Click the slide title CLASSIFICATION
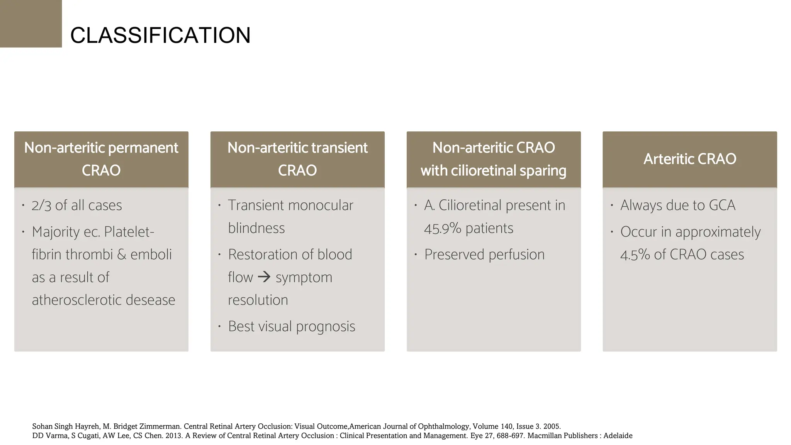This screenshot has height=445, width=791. point(160,35)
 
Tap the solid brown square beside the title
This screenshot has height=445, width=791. point(31,24)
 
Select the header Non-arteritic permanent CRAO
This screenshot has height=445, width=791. point(101,159)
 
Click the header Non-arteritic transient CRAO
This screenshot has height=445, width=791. point(297,159)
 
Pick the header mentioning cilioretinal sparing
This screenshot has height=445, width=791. point(493,159)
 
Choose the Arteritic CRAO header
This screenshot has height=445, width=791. point(689,159)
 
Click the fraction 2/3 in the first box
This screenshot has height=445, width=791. point(41,206)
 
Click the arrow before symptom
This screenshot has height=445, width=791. point(264,277)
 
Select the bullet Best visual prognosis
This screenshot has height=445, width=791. point(291,326)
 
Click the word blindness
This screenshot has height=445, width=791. point(256,228)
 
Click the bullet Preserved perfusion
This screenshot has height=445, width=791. point(484,255)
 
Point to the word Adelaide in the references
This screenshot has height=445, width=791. point(618,436)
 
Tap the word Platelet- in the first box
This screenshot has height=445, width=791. point(129,232)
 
